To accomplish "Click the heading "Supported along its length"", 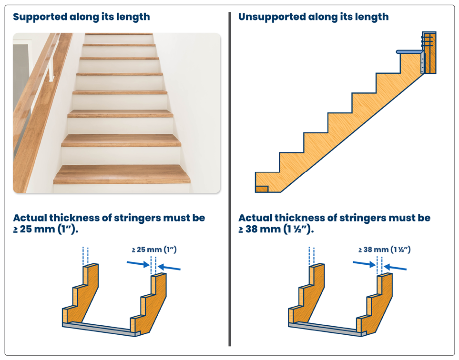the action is (x=82, y=17).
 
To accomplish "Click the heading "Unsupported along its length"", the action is (x=313, y=17).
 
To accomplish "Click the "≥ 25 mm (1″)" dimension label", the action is (x=154, y=250).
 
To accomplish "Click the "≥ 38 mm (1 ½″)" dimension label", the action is (x=384, y=250).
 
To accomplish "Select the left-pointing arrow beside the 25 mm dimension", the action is (x=169, y=267).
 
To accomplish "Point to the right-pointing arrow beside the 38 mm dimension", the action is (x=364, y=264).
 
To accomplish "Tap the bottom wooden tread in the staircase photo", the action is (x=122, y=174).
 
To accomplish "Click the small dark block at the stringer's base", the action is (x=262, y=189).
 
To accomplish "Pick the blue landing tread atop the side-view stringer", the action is (x=410, y=52).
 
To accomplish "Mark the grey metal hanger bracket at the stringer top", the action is (x=422, y=59).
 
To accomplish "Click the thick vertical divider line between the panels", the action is (x=230, y=179).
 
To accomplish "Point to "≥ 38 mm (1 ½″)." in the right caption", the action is (x=276, y=229).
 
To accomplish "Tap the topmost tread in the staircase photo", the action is (x=119, y=34).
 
